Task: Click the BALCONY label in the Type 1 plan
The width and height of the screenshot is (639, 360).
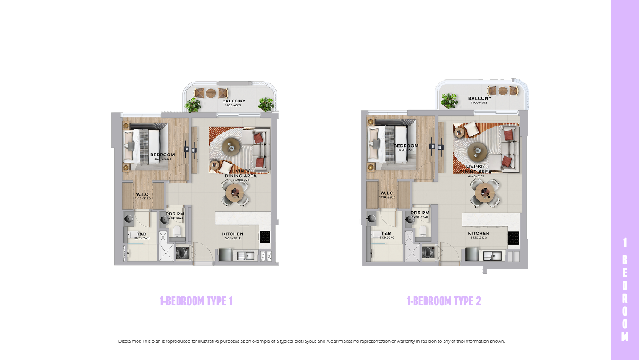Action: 233,101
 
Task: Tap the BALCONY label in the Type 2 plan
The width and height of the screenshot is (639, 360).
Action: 479,98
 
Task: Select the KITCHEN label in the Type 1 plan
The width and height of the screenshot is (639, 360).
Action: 233,234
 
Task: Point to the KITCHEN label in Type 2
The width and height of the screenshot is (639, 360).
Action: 479,234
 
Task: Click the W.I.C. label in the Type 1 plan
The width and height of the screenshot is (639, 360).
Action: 143,194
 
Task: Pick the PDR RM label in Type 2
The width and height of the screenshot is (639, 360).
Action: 420,213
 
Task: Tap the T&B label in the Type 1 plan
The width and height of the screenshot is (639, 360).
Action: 141,234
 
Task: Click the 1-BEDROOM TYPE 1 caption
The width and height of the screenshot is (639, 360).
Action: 196,301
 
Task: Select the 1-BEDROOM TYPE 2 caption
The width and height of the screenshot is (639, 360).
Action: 444,301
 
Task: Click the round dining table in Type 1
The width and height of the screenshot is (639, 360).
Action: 234,193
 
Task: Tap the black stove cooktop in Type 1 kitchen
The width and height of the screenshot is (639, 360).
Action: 265,236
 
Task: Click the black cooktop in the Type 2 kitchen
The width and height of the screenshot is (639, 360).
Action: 514,238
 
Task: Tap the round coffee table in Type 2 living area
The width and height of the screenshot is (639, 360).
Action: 477,150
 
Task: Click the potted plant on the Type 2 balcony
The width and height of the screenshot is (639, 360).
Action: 449,101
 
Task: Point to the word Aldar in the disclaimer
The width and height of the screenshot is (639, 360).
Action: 332,342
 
